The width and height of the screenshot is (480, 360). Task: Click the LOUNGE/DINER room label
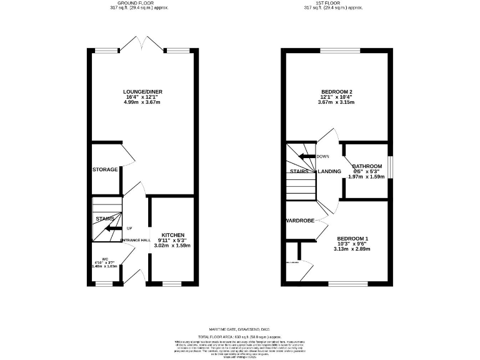[x=142, y=92]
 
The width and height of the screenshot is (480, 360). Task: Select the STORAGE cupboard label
[x=105, y=169]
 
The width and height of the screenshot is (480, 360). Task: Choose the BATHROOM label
[x=368, y=166]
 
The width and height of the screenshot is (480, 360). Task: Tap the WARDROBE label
[x=300, y=221]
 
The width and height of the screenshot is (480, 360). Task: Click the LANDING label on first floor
[x=329, y=171]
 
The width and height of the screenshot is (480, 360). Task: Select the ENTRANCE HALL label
[x=136, y=241]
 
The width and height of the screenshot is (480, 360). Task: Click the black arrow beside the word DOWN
[x=306, y=156]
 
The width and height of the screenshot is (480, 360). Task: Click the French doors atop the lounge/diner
[x=142, y=44]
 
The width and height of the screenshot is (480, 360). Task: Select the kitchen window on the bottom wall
[x=172, y=283]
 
